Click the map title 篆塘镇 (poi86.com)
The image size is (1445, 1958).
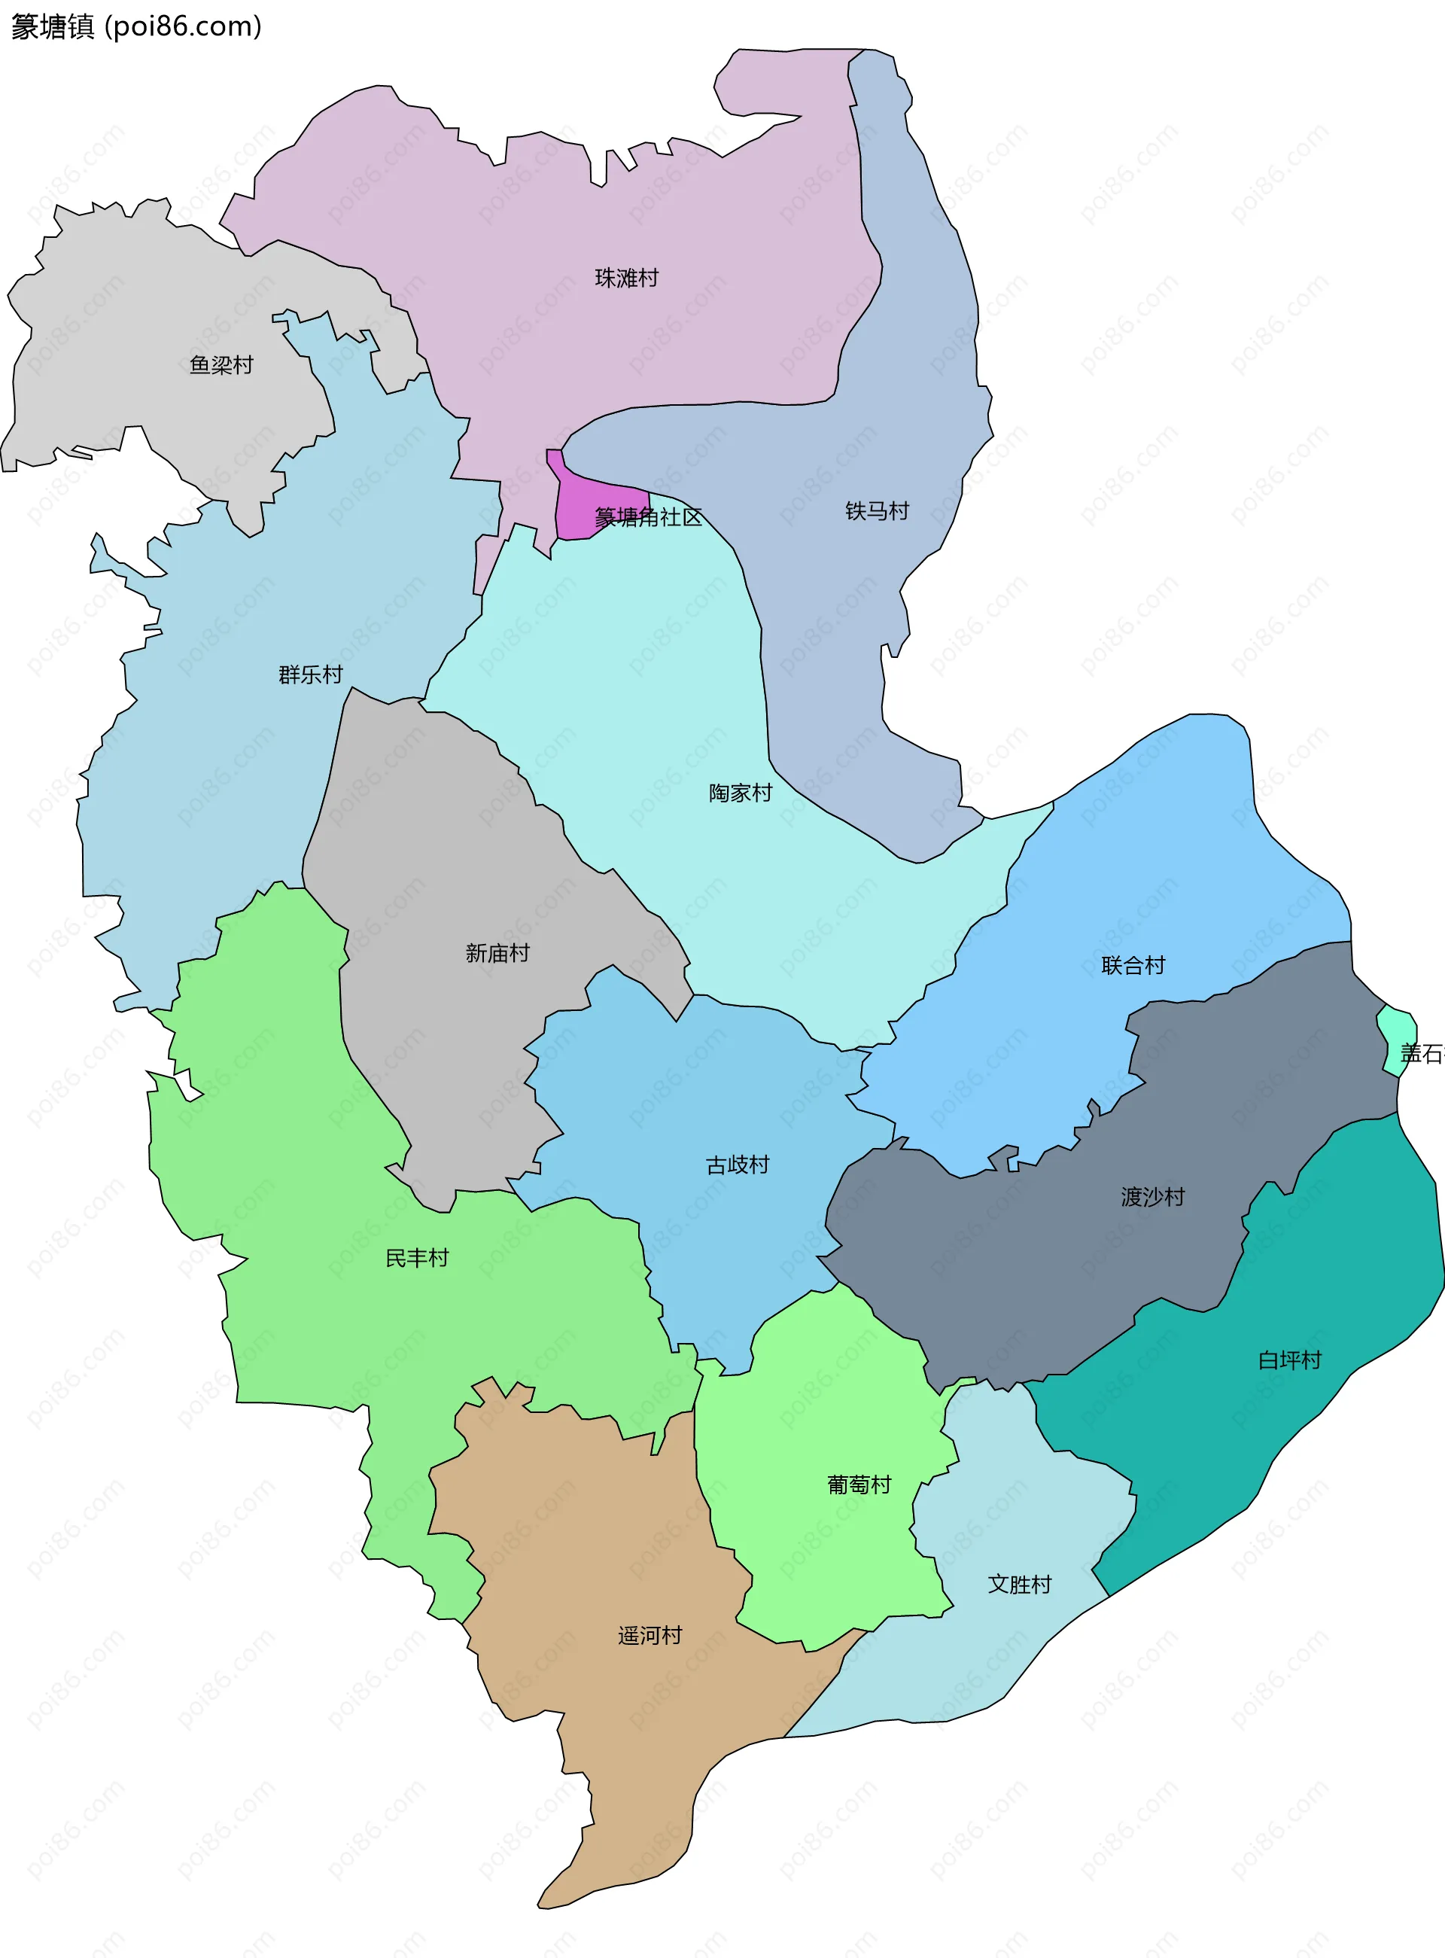tap(136, 26)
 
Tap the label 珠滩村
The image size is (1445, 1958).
tap(626, 279)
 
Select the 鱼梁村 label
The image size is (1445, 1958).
tap(221, 365)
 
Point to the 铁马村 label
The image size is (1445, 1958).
tap(877, 511)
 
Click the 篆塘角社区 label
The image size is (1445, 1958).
tap(648, 517)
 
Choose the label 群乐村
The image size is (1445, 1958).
tap(311, 674)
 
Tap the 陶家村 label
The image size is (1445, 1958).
tap(740, 793)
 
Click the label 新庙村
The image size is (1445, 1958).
tap(497, 953)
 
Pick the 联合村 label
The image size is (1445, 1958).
tap(1133, 965)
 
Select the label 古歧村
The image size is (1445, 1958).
tap(738, 1165)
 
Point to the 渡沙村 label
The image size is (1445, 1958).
tap(1152, 1196)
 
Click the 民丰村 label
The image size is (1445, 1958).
tap(416, 1257)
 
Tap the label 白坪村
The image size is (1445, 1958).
tap(1288, 1360)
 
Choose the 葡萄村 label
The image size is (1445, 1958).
tap(858, 1484)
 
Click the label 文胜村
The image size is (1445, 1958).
tap(1019, 1584)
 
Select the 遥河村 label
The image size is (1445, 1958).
tap(649, 1635)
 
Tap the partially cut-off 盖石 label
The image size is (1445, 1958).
tap(1422, 1053)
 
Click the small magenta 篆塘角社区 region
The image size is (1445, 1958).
tap(577, 507)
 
